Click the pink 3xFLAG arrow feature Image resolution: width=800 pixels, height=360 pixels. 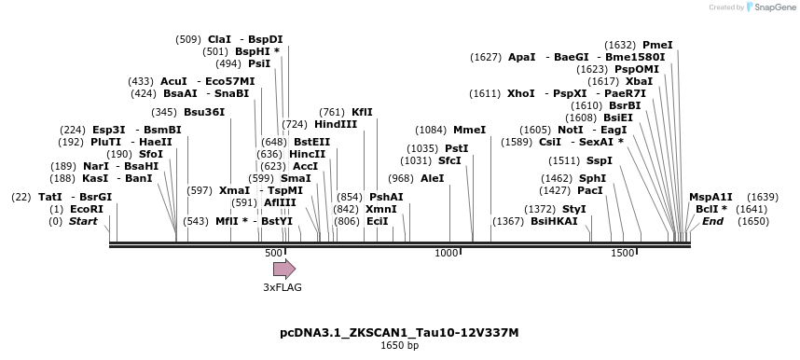coord(283,269)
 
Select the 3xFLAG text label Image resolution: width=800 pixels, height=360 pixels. coord(283,287)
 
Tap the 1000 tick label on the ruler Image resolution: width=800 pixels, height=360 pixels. coord(448,253)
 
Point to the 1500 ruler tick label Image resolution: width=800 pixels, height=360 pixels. coord(622,253)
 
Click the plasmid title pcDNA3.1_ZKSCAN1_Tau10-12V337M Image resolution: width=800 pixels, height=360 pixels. coord(399,332)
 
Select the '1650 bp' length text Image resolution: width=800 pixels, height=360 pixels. coord(399,346)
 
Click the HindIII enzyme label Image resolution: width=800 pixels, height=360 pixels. coord(336,124)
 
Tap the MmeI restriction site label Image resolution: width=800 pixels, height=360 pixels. coord(469,130)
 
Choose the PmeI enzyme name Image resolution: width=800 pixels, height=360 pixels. coord(657,45)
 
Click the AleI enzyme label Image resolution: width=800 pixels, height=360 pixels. coord(433,178)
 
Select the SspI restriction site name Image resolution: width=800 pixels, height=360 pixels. coord(600,160)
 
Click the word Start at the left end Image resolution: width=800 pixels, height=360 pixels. coord(83,221)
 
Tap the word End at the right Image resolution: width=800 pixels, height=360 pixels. coord(712,221)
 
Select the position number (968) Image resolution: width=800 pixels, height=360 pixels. coord(400,178)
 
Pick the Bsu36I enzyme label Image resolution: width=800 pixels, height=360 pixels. coord(204,112)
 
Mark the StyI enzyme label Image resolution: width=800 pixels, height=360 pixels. coord(574,209)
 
